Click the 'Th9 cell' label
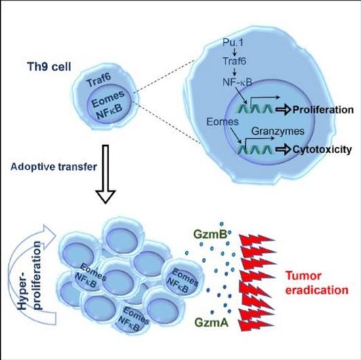(49, 66)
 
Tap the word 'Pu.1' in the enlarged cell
(233, 43)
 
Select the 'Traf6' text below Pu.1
(234, 61)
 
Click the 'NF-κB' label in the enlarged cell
(237, 82)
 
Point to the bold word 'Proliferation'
(323, 110)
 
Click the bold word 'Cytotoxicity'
(322, 150)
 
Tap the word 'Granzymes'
(278, 131)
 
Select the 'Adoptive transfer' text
(54, 167)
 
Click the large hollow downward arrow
(106, 174)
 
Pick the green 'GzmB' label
(211, 235)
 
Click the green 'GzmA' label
(211, 322)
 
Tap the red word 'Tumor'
(303, 276)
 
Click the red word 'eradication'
(317, 290)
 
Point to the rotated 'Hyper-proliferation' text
(30, 275)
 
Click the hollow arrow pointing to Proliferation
(283, 110)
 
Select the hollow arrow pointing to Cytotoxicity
(283, 150)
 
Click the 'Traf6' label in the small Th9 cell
(98, 80)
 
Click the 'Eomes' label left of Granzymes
(222, 121)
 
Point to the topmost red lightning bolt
(257, 240)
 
